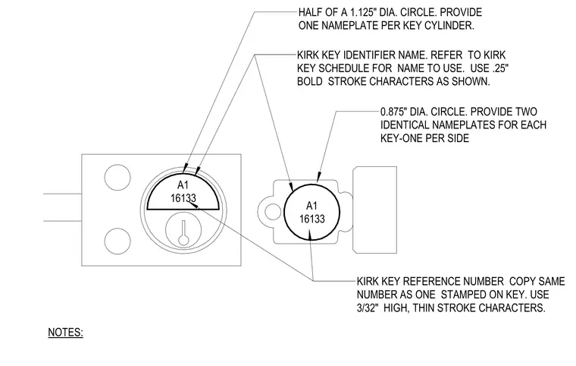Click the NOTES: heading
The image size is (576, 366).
[65, 332]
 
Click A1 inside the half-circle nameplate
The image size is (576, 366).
[183, 185]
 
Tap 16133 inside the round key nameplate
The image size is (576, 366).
[312, 219]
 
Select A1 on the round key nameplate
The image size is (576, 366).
[311, 206]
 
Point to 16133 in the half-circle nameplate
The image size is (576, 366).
[183, 198]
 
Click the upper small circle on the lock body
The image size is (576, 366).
[117, 178]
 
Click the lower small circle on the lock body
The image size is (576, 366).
[117, 241]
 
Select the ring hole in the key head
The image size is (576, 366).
[273, 212]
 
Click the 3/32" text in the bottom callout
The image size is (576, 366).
[368, 308]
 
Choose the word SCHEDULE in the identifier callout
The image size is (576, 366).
[343, 68]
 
